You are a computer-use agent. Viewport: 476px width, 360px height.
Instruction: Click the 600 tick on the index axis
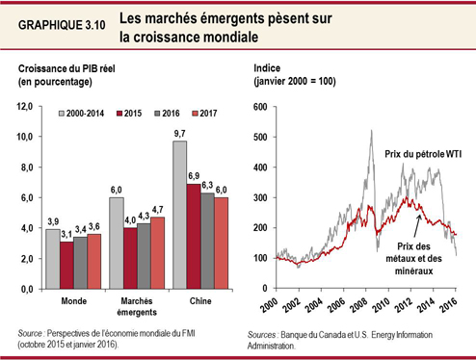259,107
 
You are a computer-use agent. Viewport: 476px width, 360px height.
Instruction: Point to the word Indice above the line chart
268,70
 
